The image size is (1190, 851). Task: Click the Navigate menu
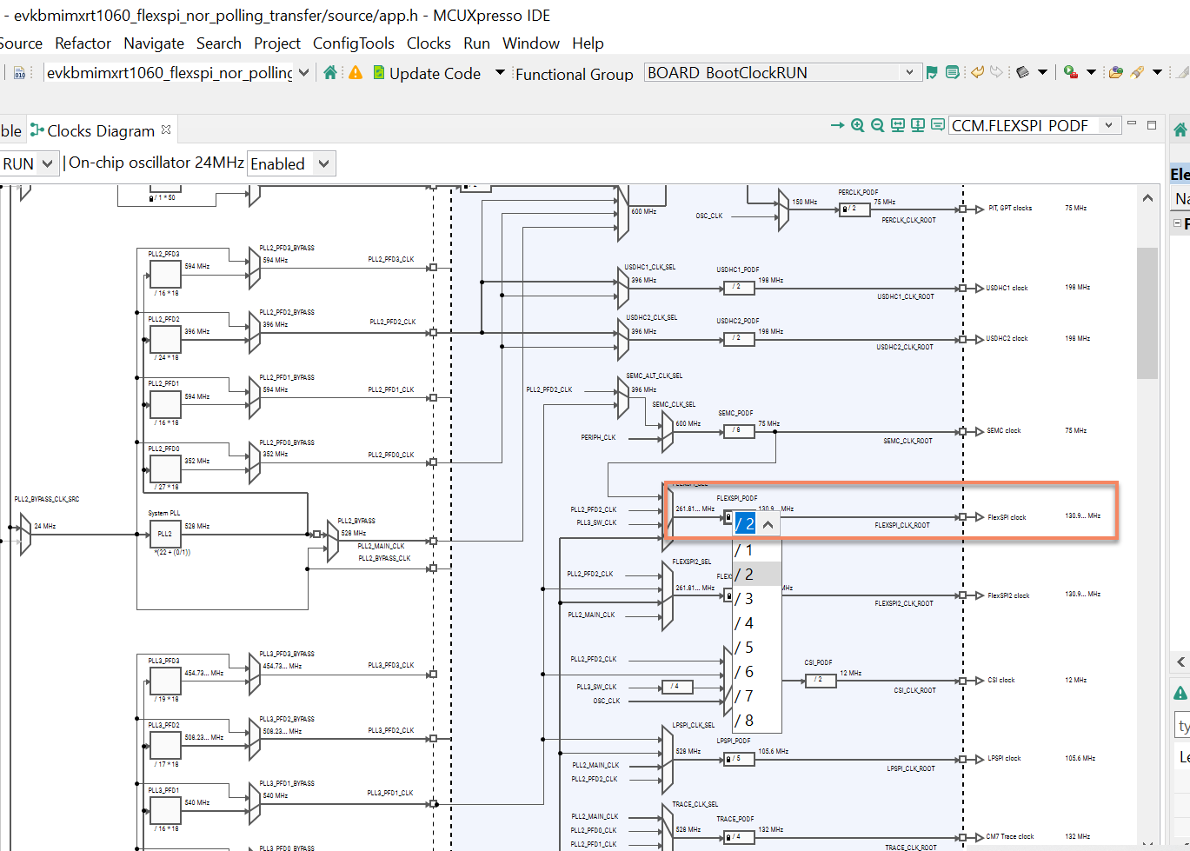pos(154,43)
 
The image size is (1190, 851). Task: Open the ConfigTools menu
pos(353,43)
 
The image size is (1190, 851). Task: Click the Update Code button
pos(427,73)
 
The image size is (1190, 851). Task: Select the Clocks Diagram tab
pos(100,130)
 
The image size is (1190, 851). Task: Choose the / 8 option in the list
pos(745,721)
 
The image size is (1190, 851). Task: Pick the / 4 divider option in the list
pos(745,623)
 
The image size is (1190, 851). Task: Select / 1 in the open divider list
pos(745,550)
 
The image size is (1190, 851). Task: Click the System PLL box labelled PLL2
pos(165,534)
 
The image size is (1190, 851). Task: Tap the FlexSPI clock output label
pos(1007,517)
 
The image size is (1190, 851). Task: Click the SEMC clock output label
pos(1004,430)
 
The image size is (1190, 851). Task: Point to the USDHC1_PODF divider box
pos(737,287)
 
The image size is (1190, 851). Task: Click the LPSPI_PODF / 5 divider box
pos(737,759)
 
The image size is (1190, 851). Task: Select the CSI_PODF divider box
pos(820,680)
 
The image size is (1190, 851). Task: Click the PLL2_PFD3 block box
pos(165,274)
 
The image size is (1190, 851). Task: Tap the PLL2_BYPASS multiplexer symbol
pos(332,542)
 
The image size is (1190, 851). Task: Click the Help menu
pos(588,43)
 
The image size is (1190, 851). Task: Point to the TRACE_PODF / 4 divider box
pos(737,837)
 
